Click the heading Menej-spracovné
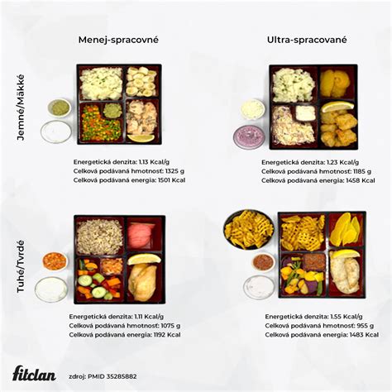(118, 39)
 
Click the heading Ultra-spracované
(307, 39)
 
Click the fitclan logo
(35, 374)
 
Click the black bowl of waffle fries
(248, 229)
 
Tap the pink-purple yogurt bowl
(248, 136)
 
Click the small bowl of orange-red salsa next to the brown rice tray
(54, 261)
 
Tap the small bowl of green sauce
(59, 108)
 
